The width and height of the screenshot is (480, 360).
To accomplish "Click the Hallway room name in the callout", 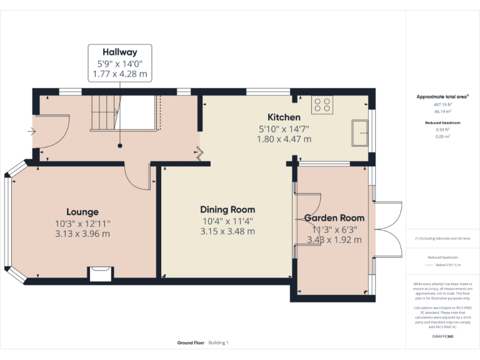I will pyautogui.click(x=119, y=52).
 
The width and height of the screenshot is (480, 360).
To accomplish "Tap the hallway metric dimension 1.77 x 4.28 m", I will pyautogui.click(x=119, y=74).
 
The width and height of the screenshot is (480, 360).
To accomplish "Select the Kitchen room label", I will pyautogui.click(x=284, y=117).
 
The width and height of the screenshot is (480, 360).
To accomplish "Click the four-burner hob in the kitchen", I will pyautogui.click(x=322, y=105).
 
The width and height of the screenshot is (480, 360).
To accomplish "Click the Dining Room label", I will pyautogui.click(x=227, y=209).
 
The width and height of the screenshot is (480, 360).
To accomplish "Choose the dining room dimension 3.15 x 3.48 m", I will pyautogui.click(x=227, y=231).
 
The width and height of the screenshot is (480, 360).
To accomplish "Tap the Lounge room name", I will pyautogui.click(x=82, y=212).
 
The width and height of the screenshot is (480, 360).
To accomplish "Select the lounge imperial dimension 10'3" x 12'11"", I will pyautogui.click(x=82, y=223).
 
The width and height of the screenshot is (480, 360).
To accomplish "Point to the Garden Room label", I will pyautogui.click(x=334, y=218).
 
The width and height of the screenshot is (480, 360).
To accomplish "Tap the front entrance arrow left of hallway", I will pyautogui.click(x=31, y=132).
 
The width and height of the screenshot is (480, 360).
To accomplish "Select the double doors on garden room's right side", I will pyautogui.click(x=389, y=228).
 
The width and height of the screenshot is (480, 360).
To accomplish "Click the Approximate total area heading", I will pyautogui.click(x=442, y=97).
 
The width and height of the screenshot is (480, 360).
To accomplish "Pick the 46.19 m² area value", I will pyautogui.click(x=442, y=111).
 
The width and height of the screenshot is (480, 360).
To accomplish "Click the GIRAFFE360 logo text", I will pyautogui.click(x=442, y=337).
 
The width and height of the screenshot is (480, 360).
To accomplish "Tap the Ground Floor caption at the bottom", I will pyautogui.click(x=190, y=342).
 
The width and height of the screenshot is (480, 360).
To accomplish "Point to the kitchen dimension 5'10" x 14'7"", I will pyautogui.click(x=284, y=128).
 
